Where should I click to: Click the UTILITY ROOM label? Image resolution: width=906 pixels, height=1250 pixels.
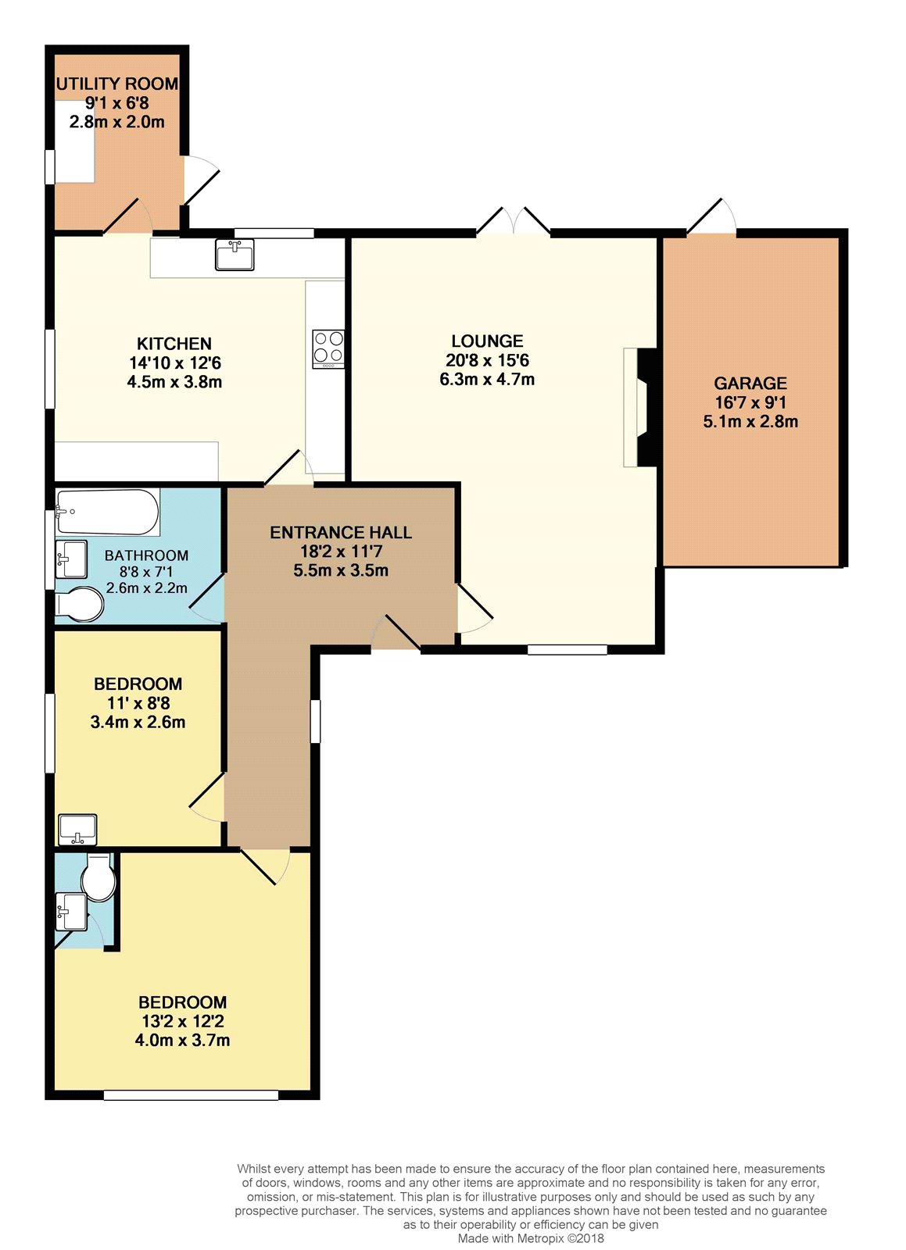tap(117, 84)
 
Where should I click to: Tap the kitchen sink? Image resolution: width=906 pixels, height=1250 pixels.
tap(235, 255)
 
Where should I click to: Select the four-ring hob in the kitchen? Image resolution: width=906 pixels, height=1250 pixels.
tap(328, 348)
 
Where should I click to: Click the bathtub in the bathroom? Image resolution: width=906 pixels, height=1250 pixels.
tap(108, 512)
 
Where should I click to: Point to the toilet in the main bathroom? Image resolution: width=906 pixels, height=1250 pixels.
tap(80, 604)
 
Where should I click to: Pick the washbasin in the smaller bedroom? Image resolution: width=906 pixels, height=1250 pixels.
tap(77, 829)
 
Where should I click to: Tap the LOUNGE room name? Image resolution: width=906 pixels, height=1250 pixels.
tap(487, 341)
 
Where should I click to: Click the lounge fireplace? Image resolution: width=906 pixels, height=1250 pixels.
tap(641, 407)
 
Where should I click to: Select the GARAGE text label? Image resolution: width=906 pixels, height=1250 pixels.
tap(750, 384)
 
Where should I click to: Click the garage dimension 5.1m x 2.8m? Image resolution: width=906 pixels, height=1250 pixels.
tap(750, 421)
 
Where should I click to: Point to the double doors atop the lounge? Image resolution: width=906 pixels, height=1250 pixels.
tap(514, 220)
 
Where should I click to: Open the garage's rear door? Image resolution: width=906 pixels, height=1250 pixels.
tap(711, 216)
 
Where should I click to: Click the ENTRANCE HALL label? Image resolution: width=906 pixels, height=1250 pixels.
tap(341, 532)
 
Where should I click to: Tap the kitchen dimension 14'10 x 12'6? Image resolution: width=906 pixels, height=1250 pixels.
tap(175, 362)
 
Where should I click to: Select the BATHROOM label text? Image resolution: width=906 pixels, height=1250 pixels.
tap(146, 555)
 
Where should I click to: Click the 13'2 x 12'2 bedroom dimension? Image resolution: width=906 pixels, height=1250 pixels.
tap(183, 1021)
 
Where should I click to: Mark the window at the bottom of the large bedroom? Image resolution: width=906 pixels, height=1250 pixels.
tap(191, 1095)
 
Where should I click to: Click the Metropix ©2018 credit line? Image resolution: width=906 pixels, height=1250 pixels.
tap(531, 1238)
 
